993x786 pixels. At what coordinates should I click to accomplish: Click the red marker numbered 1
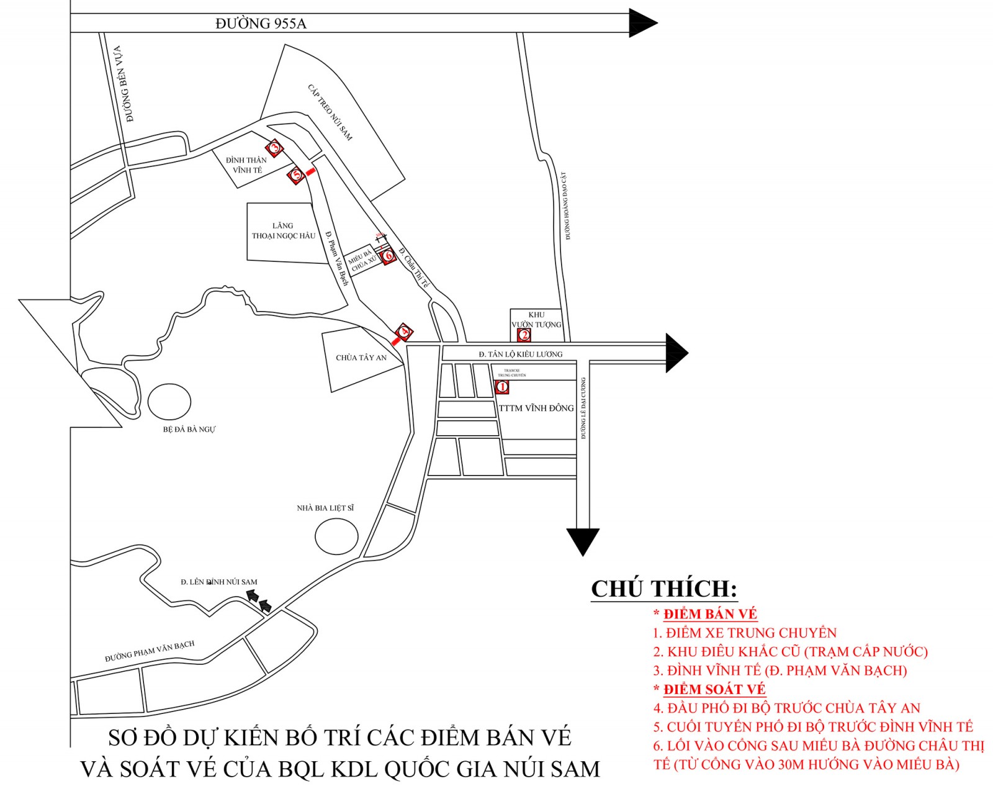502,387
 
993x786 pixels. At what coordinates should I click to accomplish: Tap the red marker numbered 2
524,335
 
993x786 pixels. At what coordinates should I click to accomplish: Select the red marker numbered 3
274,148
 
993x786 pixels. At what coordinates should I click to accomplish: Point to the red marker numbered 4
404,332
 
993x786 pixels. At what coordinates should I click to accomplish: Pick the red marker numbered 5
297,174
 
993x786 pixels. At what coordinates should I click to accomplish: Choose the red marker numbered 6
389,255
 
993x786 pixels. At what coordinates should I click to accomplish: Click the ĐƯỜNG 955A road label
261,24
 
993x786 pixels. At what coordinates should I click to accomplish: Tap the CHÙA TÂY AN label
361,358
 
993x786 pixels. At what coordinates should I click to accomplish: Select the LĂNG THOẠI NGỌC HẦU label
283,231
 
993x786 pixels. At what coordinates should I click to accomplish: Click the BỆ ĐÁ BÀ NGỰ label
189,429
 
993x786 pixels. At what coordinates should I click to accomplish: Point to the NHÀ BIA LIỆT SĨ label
325,508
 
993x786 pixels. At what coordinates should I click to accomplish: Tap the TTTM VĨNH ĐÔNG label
537,408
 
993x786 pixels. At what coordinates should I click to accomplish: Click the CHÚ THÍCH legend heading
663,589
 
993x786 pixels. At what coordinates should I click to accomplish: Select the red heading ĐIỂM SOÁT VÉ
714,689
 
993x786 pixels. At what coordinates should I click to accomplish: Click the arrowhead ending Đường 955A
642,23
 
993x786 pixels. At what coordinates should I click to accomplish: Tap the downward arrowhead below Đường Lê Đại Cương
583,541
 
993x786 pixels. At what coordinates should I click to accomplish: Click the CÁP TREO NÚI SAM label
330,112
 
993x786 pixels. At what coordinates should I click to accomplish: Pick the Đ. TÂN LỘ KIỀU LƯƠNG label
520,354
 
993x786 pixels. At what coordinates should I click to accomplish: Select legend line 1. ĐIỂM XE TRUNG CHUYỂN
744,633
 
